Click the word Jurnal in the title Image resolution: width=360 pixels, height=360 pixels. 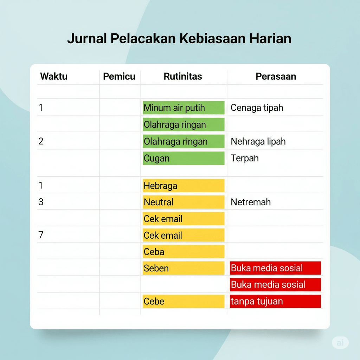pos(87,39)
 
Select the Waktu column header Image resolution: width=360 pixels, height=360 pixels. pos(54,76)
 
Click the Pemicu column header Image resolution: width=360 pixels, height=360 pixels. pos(119,76)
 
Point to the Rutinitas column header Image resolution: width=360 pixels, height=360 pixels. pos(183,76)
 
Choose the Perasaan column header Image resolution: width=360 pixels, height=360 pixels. pos(276,76)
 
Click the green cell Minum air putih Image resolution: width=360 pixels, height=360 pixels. pos(184,108)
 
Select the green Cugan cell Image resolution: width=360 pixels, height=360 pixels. pos(184,158)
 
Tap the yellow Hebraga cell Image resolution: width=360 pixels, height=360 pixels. pos(184,186)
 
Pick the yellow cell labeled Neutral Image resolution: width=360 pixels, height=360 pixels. pos(184,202)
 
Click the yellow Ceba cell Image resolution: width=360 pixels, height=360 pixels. pos(184,252)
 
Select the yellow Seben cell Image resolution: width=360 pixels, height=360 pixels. pos(184,268)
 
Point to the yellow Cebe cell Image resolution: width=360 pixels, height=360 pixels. pos(184,301)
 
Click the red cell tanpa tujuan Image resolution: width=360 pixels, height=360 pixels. pos(275,301)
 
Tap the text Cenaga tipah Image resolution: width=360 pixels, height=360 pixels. pos(257,108)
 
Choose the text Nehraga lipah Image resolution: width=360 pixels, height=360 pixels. pos(258,141)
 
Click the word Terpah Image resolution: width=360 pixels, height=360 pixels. pos(245,159)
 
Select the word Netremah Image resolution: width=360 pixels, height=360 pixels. pos(251,202)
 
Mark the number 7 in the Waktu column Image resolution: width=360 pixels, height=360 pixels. pos(41,235)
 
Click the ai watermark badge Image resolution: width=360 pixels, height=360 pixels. pos(340,342)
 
